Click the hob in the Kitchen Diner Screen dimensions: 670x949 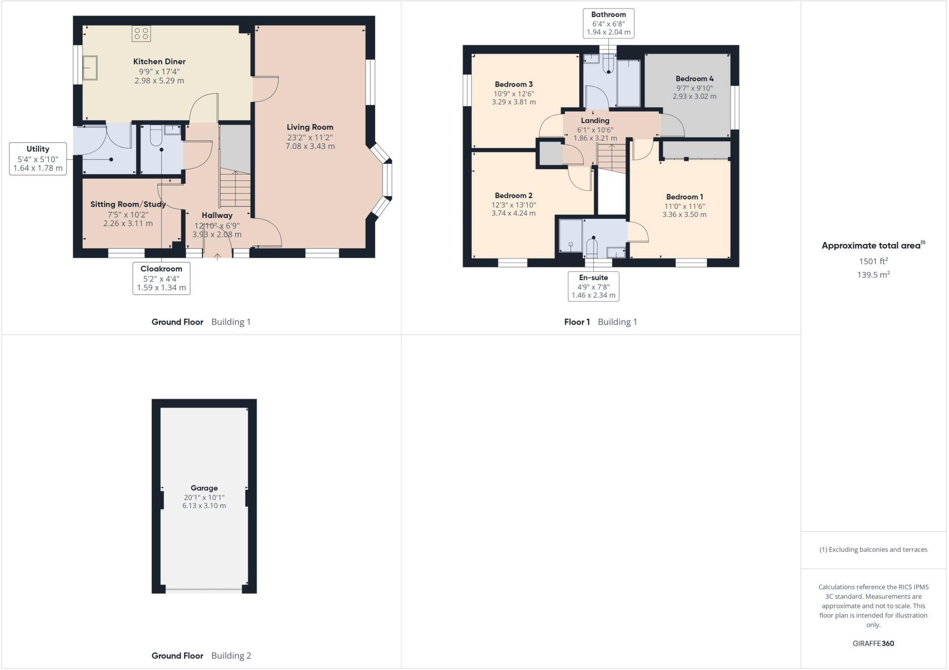[x=141, y=34]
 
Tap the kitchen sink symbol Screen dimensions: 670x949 [x=89, y=68]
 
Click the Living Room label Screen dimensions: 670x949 [x=310, y=127]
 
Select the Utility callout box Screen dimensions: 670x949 [x=38, y=158]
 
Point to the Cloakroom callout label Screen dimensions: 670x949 [x=161, y=269]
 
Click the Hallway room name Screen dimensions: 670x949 [x=217, y=215]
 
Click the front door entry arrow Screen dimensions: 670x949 [x=217, y=256]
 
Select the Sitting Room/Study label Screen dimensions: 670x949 [x=128, y=204]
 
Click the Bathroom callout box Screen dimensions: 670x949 [x=608, y=23]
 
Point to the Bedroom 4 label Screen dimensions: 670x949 [x=694, y=79]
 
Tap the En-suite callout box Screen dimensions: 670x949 [x=593, y=286]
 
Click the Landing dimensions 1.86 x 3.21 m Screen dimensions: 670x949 [x=595, y=138]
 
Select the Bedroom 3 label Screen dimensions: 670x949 [x=513, y=84]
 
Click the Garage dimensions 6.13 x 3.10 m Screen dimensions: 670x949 [x=204, y=506]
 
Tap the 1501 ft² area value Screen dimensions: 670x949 [x=873, y=261]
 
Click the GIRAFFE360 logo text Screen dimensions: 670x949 [x=873, y=643]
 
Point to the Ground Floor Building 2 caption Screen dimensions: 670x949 [x=201, y=655]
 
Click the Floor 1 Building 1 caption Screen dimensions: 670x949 [x=600, y=322]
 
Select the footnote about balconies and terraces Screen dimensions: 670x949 [x=873, y=550]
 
